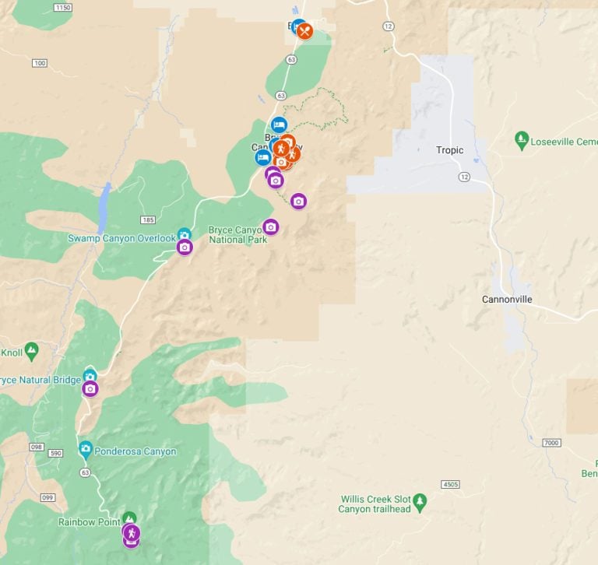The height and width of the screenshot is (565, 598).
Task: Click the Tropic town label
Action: (x=450, y=150)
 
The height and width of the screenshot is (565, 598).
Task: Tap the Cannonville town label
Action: (x=506, y=300)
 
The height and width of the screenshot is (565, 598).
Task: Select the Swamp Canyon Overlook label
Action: (x=121, y=238)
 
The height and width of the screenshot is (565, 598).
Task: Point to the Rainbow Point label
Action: (x=89, y=522)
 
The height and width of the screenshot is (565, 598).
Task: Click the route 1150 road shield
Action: (x=63, y=7)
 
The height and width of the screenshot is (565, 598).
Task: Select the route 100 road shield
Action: (x=40, y=63)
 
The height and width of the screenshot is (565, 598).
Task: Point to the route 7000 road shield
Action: (x=551, y=443)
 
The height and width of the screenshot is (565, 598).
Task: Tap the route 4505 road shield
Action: (x=451, y=484)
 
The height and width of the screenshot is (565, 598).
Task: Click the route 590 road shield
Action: (x=55, y=453)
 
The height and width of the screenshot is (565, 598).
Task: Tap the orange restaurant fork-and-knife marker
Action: (x=305, y=31)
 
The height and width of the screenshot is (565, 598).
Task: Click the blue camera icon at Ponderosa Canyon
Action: (x=85, y=449)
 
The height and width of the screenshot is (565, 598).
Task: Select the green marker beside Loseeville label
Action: (x=522, y=140)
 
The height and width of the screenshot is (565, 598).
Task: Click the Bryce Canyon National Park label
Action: (x=238, y=235)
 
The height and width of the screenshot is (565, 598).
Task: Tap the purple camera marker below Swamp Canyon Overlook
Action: (x=185, y=247)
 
